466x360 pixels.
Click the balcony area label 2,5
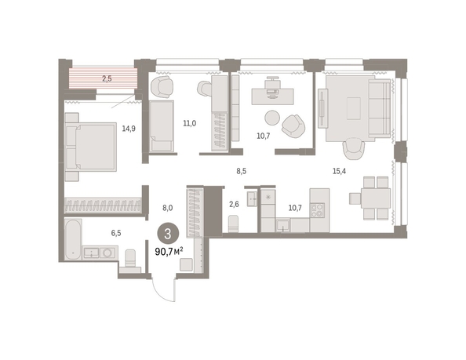click(x=107, y=78)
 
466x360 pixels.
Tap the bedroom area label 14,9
click(x=129, y=129)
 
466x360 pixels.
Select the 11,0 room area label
click(x=189, y=123)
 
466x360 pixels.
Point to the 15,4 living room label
click(x=339, y=171)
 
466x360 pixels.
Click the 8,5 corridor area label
click(x=241, y=171)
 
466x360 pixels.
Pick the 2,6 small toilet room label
click(x=235, y=204)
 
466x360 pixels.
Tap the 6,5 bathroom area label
click(x=116, y=233)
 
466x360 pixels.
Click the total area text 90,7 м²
click(x=169, y=252)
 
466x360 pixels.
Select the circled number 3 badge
click(x=168, y=234)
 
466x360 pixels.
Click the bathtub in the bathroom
click(x=73, y=239)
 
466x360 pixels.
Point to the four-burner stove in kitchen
click(x=317, y=211)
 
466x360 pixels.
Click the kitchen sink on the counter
click(x=283, y=225)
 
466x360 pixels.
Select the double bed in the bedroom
click(x=91, y=147)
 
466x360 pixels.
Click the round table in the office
click(x=272, y=118)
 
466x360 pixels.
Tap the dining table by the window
click(x=376, y=198)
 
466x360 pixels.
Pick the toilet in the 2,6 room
click(x=233, y=224)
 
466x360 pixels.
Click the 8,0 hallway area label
click(x=168, y=208)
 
